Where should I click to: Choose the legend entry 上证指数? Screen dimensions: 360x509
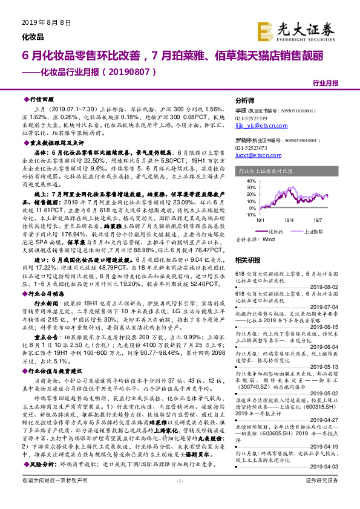tap(312, 231)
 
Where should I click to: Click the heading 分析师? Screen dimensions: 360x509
tap(244, 100)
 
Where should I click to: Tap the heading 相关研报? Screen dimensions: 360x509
tap(247, 259)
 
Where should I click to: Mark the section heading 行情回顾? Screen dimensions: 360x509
tap(42, 99)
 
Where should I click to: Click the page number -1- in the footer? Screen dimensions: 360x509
tap(179, 498)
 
